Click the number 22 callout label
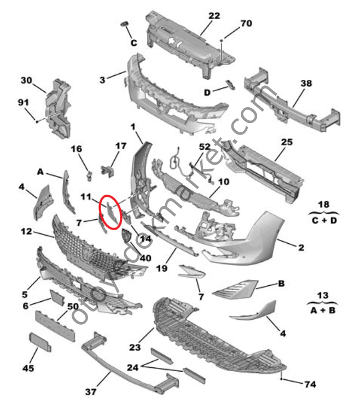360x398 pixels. [214, 16]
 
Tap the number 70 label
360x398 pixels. [246, 24]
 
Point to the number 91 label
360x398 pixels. [23, 102]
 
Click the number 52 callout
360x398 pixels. [204, 147]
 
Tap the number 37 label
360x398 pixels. [91, 391]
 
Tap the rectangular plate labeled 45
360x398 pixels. [41, 341]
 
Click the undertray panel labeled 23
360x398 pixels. [219, 333]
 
